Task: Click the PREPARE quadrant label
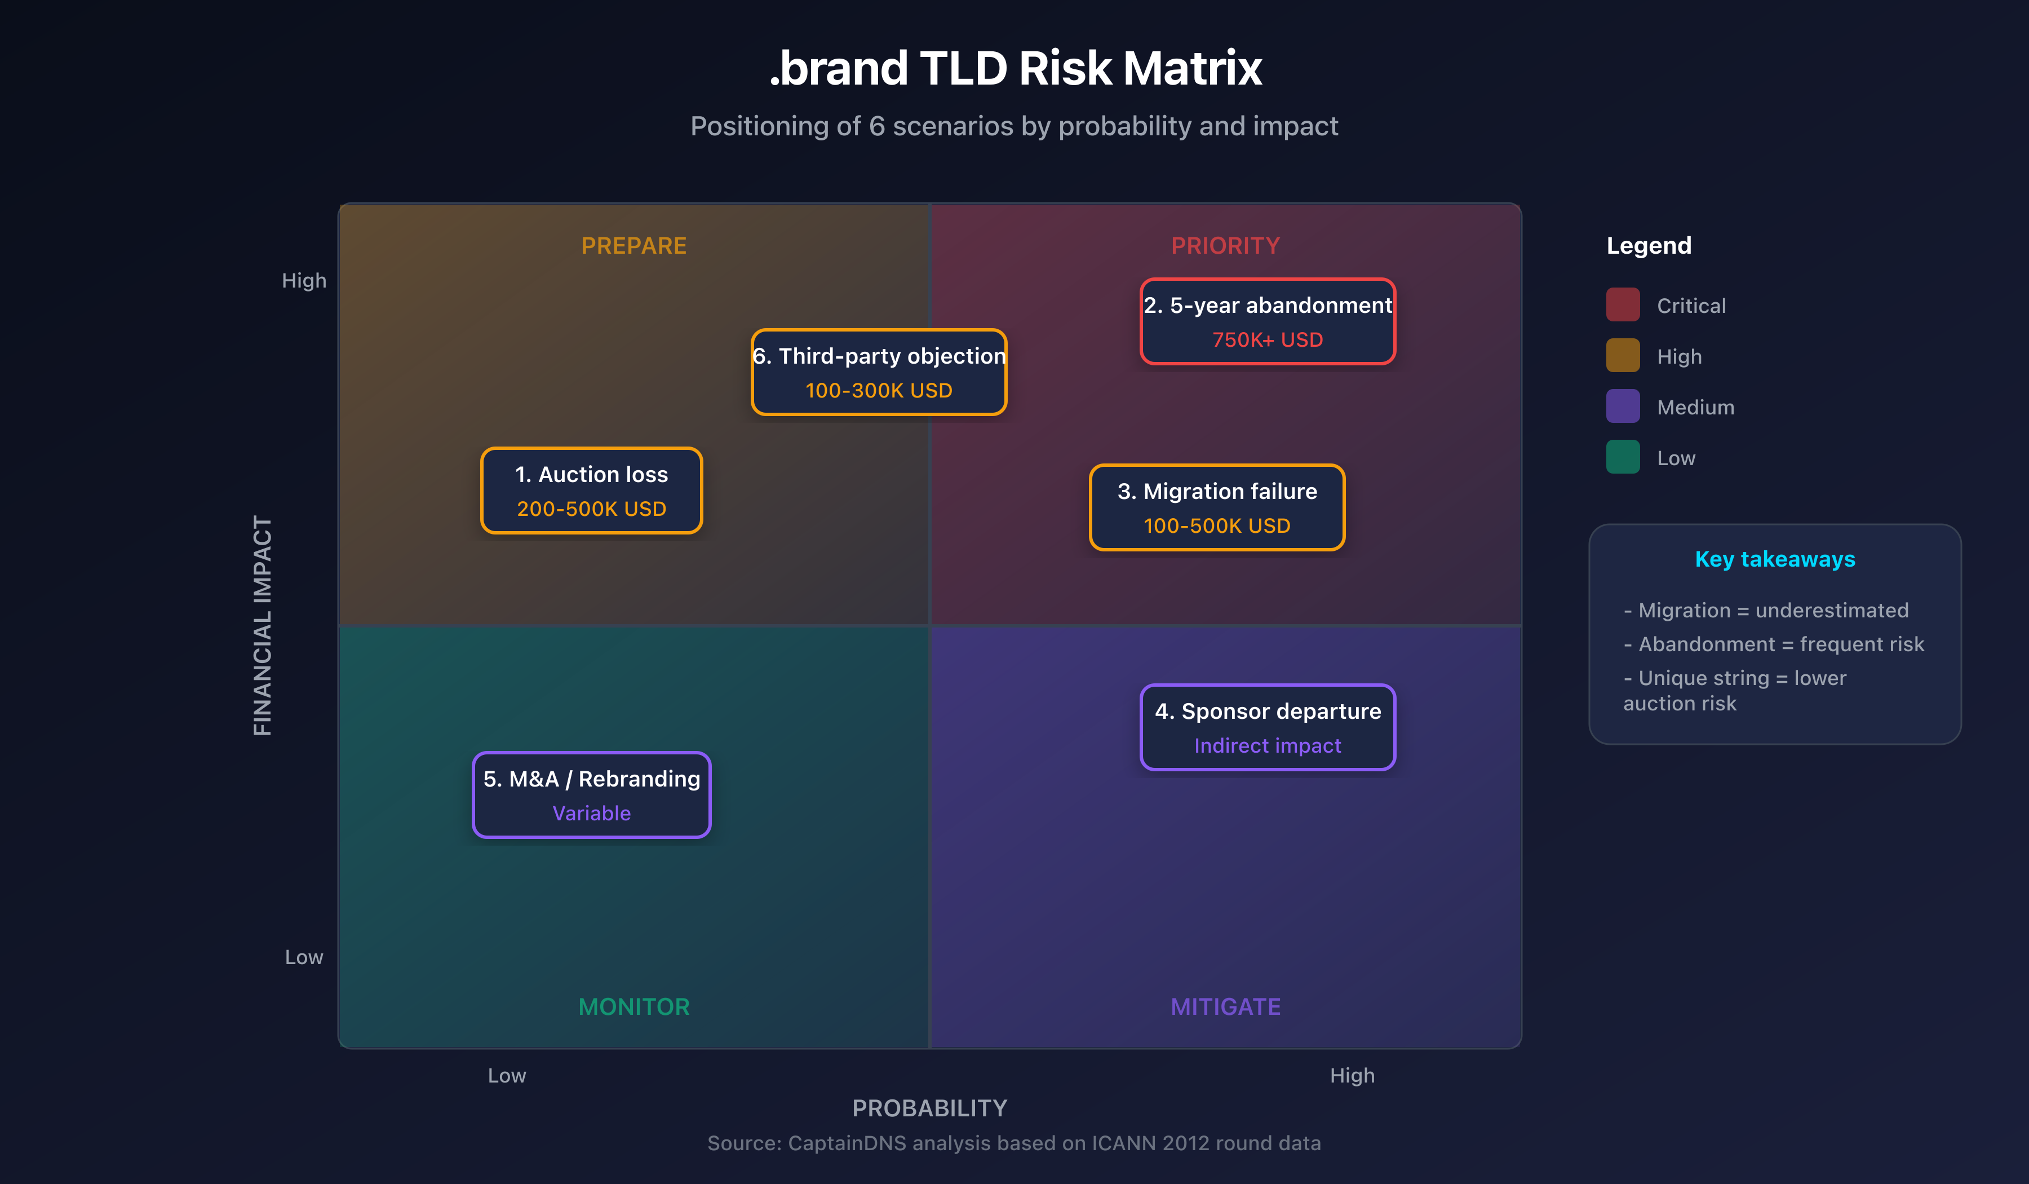tap(633, 246)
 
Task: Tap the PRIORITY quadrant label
tap(1225, 246)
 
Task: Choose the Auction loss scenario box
tap(591, 491)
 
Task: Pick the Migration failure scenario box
tap(1217, 507)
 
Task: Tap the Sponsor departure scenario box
tap(1268, 727)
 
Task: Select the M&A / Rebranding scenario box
tap(591, 795)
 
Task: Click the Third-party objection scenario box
tap(879, 372)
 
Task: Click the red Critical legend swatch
tap(1623, 305)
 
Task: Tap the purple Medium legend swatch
tap(1623, 407)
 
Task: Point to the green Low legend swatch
tap(1623, 457)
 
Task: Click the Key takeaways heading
tap(1775, 559)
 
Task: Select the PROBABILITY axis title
tap(929, 1108)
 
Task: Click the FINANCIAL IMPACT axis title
tap(263, 626)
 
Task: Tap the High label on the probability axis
tap(1352, 1075)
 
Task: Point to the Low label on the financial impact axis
tap(304, 957)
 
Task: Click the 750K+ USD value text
tap(1268, 340)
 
